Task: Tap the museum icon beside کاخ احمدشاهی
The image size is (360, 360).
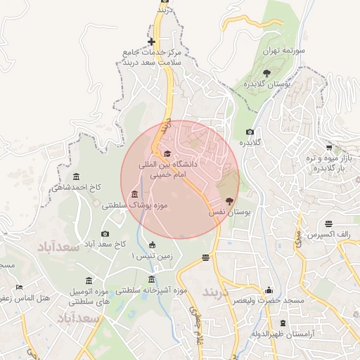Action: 76,176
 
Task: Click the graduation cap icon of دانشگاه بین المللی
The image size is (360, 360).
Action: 167,153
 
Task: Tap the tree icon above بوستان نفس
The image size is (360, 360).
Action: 229,201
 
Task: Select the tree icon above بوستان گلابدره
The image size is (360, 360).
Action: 266,72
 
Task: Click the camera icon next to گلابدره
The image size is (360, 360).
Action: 250,131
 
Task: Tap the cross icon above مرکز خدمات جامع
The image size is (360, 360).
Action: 151,41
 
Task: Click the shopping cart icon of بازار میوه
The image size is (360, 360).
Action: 329,147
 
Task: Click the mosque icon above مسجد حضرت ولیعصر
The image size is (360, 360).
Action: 268,290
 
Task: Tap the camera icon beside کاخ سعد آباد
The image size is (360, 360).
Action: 105,233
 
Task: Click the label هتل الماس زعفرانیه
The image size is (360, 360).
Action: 27,298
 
